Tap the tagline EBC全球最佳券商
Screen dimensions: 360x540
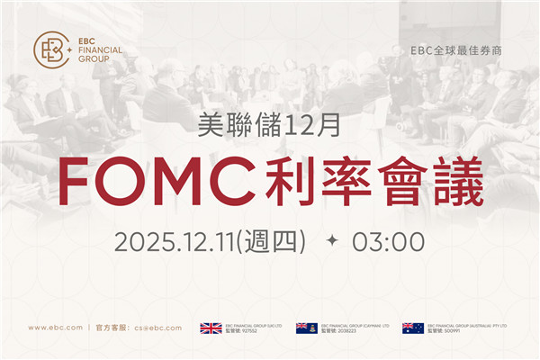click(455, 50)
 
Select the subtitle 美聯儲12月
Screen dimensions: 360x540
click(269, 126)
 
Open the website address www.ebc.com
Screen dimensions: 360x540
click(56, 328)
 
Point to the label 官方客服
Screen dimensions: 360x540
click(112, 328)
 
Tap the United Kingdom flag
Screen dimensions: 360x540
click(211, 328)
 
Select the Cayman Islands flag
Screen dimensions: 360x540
click(306, 328)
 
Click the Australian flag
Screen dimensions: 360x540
click(413, 328)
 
